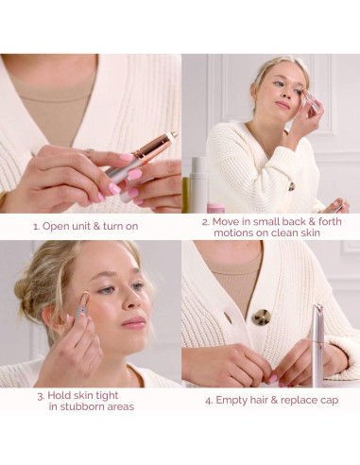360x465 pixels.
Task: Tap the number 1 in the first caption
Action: tap(36, 226)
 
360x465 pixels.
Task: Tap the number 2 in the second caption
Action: tap(204, 221)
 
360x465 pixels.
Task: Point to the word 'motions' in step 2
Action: tap(224, 233)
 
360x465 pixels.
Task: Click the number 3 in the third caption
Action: tap(41, 395)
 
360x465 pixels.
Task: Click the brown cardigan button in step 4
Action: tap(261, 317)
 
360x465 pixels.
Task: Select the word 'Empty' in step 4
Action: tap(232, 400)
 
